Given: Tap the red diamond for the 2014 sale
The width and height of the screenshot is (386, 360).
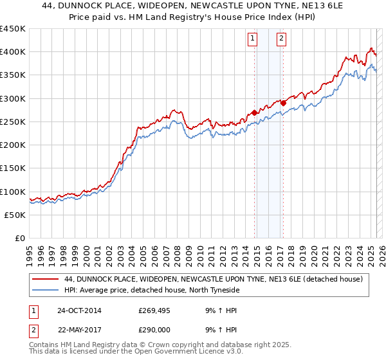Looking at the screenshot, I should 254,113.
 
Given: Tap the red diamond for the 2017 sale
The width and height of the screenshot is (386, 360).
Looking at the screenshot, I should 283,102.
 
